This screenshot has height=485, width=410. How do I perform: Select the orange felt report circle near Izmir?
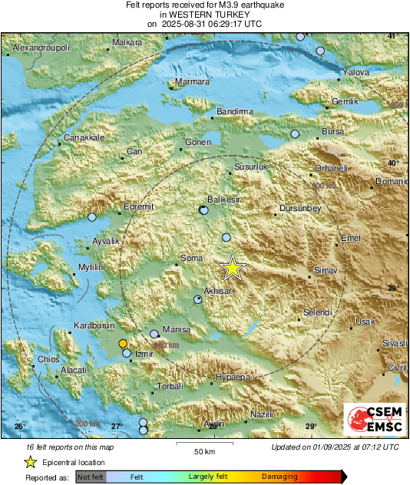123,344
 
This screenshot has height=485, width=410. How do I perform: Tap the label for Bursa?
332,132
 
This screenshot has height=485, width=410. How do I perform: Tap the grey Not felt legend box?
91,477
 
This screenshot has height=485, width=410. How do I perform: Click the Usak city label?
365,322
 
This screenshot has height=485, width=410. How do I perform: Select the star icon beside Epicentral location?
31,462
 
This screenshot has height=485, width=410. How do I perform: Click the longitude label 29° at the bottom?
310,427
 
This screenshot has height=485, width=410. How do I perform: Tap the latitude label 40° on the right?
392,163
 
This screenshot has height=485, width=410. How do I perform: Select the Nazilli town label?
262,414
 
